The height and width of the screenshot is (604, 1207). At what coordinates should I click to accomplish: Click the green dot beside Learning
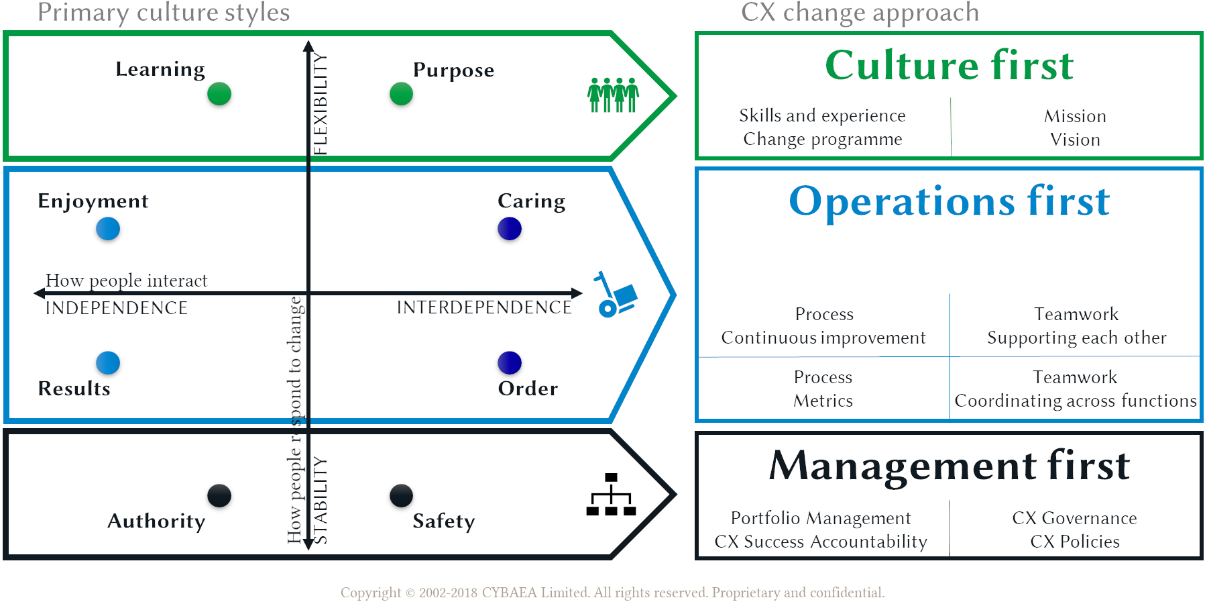pyautogui.click(x=219, y=94)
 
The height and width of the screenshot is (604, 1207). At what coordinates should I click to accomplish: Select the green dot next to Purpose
pyautogui.click(x=401, y=94)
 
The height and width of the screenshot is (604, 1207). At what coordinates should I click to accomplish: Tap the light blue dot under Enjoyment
pyautogui.click(x=108, y=229)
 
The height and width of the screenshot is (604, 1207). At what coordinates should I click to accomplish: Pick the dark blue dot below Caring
pyautogui.click(x=510, y=229)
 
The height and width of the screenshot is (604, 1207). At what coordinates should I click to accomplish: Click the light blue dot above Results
pyautogui.click(x=108, y=362)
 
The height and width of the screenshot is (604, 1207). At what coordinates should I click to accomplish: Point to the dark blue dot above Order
pyautogui.click(x=510, y=362)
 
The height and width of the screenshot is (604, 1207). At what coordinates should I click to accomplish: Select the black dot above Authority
pyautogui.click(x=219, y=496)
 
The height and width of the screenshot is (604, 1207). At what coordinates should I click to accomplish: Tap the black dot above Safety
pyautogui.click(x=401, y=496)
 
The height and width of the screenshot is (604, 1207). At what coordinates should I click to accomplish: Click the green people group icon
pyautogui.click(x=613, y=95)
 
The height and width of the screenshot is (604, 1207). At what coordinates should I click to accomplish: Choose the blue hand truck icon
pyautogui.click(x=615, y=295)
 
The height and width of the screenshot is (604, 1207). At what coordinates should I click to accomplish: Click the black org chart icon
pyautogui.click(x=611, y=495)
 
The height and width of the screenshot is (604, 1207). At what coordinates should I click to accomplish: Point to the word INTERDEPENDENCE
pyautogui.click(x=484, y=307)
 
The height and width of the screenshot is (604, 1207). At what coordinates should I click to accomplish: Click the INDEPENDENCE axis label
pyautogui.click(x=117, y=308)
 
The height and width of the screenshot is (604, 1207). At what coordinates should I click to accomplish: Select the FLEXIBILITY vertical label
pyautogui.click(x=321, y=104)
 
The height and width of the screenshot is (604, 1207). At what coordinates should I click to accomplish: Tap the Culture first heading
pyautogui.click(x=949, y=65)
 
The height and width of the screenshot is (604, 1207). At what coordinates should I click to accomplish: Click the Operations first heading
pyautogui.click(x=949, y=201)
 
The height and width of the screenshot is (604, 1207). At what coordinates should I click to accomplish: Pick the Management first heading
pyautogui.click(x=949, y=465)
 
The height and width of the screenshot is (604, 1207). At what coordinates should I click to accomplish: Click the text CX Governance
pyautogui.click(x=1074, y=518)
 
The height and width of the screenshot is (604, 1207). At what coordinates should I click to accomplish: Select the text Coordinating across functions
pyautogui.click(x=1075, y=401)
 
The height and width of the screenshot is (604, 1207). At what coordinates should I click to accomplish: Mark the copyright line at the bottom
pyautogui.click(x=612, y=593)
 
